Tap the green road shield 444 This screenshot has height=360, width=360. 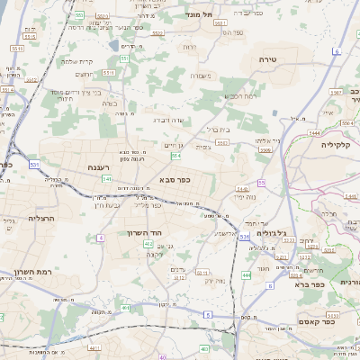pyautogui.click(x=246, y=274)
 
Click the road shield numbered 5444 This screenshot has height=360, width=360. pyautogui.click(x=314, y=132)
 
